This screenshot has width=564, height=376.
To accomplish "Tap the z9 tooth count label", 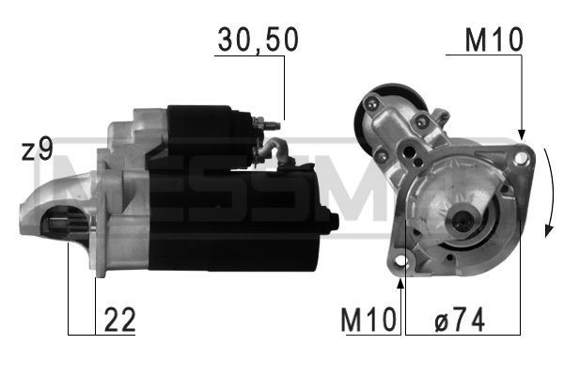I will point(38,150).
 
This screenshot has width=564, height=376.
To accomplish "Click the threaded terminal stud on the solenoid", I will point(273,122).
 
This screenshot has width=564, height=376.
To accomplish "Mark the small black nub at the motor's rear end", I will point(332,221).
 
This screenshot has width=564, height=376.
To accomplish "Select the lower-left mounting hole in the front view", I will point(402,259).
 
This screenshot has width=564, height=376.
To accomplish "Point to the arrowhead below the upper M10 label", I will point(520,133).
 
